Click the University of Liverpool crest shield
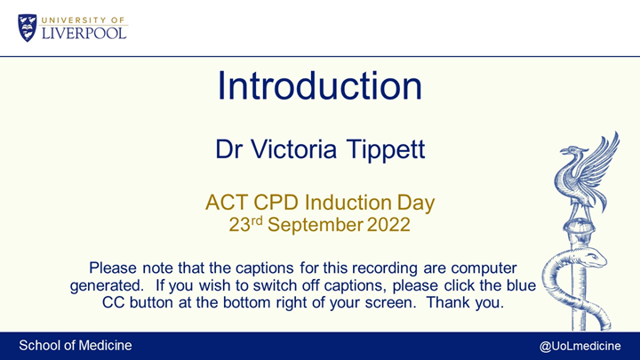[x=28, y=27]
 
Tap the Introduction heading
[x=319, y=86]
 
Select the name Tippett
[x=386, y=148]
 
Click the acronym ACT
[x=227, y=203]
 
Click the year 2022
[x=388, y=226]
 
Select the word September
[x=316, y=226]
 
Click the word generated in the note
[x=107, y=285]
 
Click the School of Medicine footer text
[x=76, y=345]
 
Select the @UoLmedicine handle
[x=580, y=345]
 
